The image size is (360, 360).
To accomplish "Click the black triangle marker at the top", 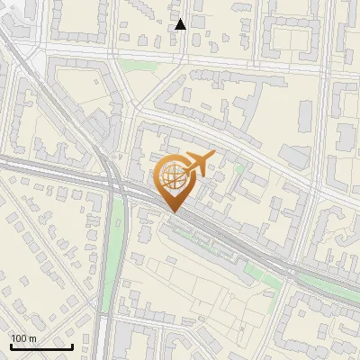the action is pos(181,24).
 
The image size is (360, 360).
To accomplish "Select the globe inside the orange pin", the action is pos(174,177).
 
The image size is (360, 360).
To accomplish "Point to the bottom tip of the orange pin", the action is pos(174,212).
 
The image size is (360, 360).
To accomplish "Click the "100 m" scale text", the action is pos(24,338).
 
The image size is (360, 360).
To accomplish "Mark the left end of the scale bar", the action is pos(11,346).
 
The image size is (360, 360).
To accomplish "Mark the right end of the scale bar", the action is pos(72,346).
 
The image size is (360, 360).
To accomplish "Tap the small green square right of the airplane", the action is pos(239,167).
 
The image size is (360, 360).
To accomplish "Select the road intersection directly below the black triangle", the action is pos(181,58).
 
